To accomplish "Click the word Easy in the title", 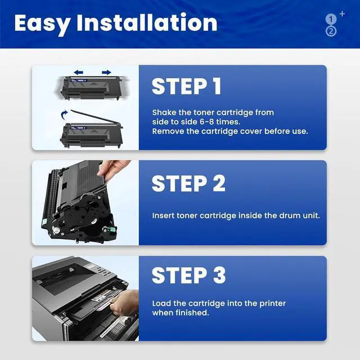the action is coord(42,24).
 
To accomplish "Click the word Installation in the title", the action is coord(147,22).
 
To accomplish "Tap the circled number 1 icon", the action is coord(331,19).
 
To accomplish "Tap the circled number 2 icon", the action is coord(331,31).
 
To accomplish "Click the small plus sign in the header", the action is coord(342,14).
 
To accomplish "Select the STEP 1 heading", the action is coord(186,86).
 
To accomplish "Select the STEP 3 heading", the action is coord(188,275).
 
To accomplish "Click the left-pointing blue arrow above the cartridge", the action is coord(79,73).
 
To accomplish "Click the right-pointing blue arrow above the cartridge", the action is coord(106,73).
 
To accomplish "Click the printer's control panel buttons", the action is coord(104,271).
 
